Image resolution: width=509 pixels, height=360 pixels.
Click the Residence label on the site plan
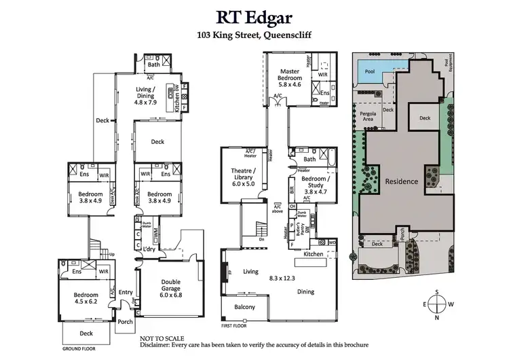(402, 181)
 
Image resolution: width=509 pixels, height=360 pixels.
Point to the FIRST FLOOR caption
(235, 325)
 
